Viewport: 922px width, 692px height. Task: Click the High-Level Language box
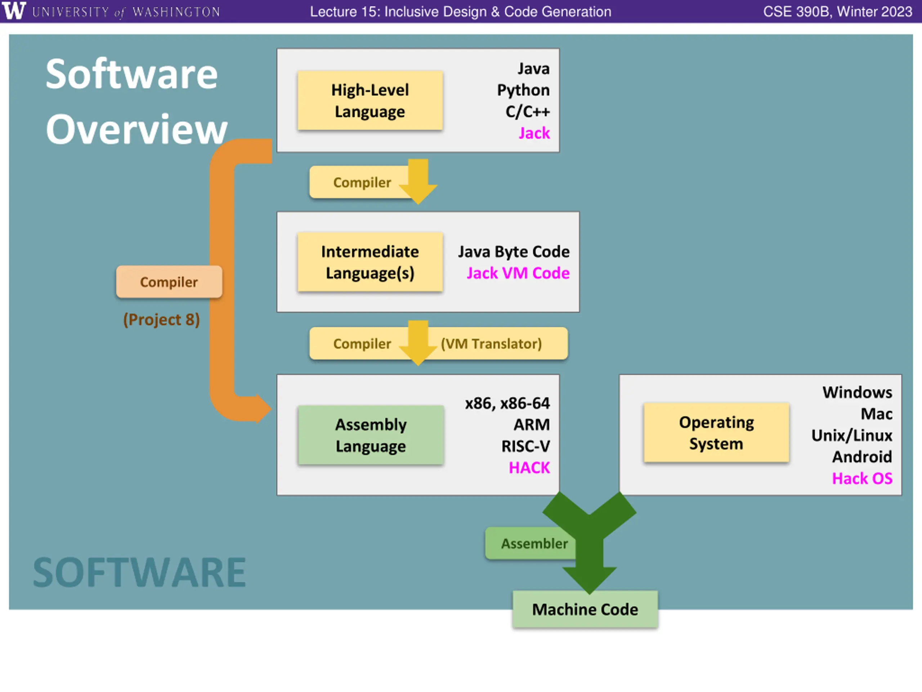pos(370,101)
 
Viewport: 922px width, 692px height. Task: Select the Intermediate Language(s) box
pos(370,262)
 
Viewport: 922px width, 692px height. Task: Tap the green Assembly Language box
pos(371,435)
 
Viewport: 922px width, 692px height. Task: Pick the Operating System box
pos(716,432)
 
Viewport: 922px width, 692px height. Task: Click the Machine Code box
pos(585,609)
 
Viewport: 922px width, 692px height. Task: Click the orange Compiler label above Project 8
pos(169,282)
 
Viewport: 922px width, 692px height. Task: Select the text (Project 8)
pos(161,320)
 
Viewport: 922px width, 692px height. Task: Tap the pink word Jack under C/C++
pos(534,133)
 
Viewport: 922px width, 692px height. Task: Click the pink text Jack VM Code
pos(518,273)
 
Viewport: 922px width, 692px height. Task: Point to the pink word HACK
pos(529,467)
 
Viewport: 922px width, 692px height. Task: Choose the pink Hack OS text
pos(862,478)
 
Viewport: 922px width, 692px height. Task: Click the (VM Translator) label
pos(491,344)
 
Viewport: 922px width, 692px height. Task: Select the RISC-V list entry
pos(525,446)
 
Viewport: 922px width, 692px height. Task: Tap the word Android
pos(862,457)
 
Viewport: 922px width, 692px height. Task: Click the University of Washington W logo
pos(14,10)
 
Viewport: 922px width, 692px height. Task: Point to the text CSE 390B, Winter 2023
pos(838,12)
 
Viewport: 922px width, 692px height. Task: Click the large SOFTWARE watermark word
pos(140,572)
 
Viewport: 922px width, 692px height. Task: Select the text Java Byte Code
pos(514,252)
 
